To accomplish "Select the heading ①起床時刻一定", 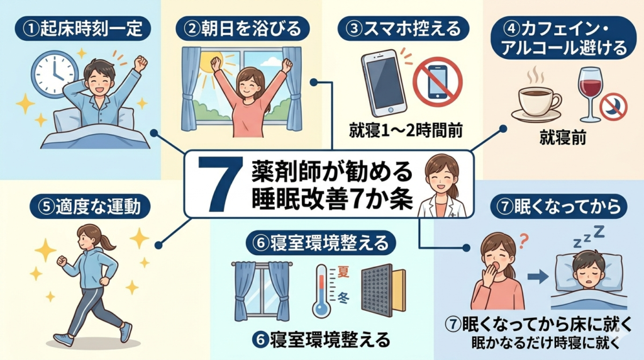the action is (82, 29).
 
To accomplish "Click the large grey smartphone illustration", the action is (384, 82).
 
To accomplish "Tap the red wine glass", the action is (590, 94).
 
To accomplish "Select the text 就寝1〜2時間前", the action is (406, 131).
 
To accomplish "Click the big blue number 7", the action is (218, 184).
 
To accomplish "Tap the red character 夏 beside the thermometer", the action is (343, 272).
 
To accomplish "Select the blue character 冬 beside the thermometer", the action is (343, 298).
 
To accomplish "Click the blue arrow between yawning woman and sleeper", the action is (538, 276).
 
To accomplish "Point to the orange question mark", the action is (523, 241).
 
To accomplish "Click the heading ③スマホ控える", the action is (403, 29).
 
